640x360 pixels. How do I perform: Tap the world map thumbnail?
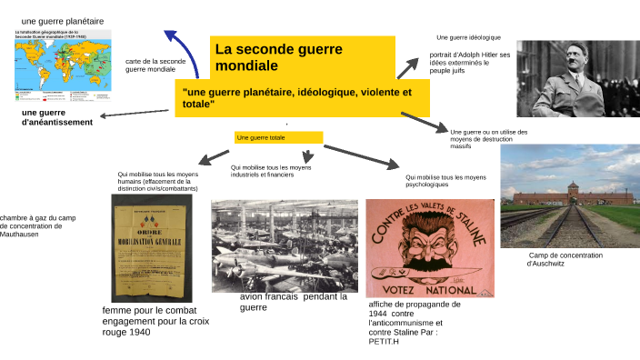(61, 65)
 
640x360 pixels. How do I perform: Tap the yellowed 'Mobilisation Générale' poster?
(154, 250)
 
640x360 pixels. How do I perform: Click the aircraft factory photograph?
(285, 245)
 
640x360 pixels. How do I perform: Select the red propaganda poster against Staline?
(430, 248)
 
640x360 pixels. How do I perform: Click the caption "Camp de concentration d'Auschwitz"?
(565, 260)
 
